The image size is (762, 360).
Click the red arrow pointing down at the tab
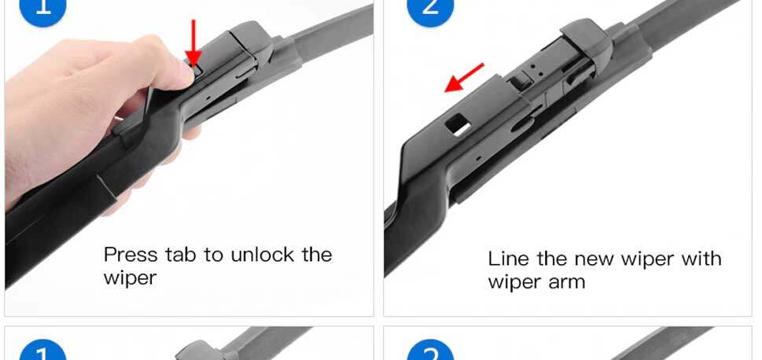193,42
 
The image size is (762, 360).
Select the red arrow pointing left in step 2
465,78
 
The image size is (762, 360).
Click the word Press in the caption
131,255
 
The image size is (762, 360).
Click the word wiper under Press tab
130,278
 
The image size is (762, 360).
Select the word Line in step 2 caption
508,258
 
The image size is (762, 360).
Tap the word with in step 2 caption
701,258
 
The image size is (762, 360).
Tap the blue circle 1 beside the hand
43,9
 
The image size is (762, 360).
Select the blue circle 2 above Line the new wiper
431,9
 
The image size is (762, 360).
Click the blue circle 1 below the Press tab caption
43,351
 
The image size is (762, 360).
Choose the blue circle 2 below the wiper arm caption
431,351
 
